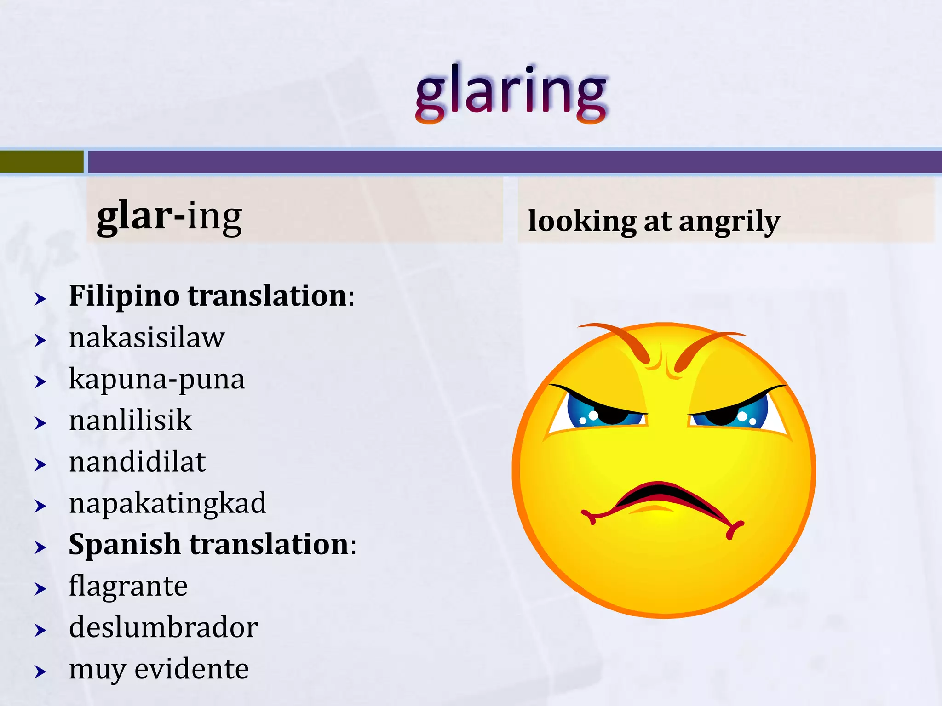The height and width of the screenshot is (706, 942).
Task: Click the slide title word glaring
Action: point(511,92)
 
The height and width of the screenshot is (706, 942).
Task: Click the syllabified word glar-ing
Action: point(169,216)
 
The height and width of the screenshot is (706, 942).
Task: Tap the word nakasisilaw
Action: point(147,338)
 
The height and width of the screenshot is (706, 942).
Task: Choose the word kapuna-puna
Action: point(156,380)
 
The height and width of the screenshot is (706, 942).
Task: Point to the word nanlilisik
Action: point(130,421)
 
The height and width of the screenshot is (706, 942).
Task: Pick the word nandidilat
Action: point(137,462)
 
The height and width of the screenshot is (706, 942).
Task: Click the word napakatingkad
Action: point(167,503)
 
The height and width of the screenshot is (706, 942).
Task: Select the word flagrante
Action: point(128,586)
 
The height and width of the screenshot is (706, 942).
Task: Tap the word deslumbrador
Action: point(163,628)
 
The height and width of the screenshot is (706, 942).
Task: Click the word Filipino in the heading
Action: point(124,296)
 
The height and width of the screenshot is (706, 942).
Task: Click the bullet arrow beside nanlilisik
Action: point(40,423)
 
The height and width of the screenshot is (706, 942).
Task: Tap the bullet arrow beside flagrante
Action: point(40,589)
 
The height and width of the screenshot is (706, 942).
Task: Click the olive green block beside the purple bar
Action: point(41,162)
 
